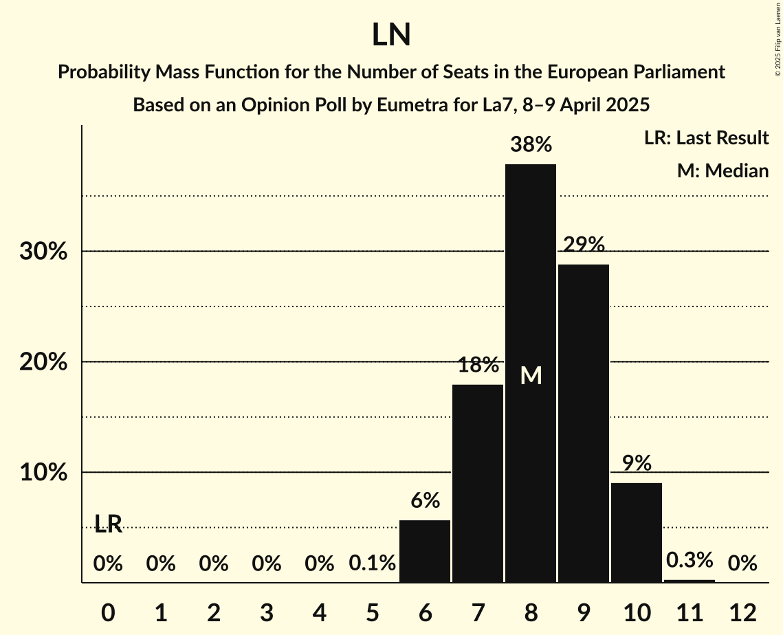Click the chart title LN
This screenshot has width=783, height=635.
(391, 35)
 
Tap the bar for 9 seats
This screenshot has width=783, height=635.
(584, 423)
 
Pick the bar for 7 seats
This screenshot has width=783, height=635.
(478, 483)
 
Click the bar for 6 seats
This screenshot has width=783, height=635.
(425, 551)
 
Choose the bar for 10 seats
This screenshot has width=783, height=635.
(637, 533)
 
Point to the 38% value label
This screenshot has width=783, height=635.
(531, 145)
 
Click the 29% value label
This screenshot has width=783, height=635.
(584, 245)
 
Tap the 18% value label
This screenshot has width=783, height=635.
(478, 365)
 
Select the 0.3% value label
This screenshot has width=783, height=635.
(690, 560)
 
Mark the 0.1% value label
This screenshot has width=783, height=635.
(372, 564)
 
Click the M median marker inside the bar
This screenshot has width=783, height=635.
(531, 375)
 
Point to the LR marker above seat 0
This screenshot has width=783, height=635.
(108, 524)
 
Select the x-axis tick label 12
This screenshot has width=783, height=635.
(742, 612)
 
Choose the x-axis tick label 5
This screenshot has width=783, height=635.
(372, 612)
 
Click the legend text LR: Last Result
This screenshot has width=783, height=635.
(706, 138)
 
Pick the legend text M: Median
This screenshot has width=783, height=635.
(723, 170)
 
